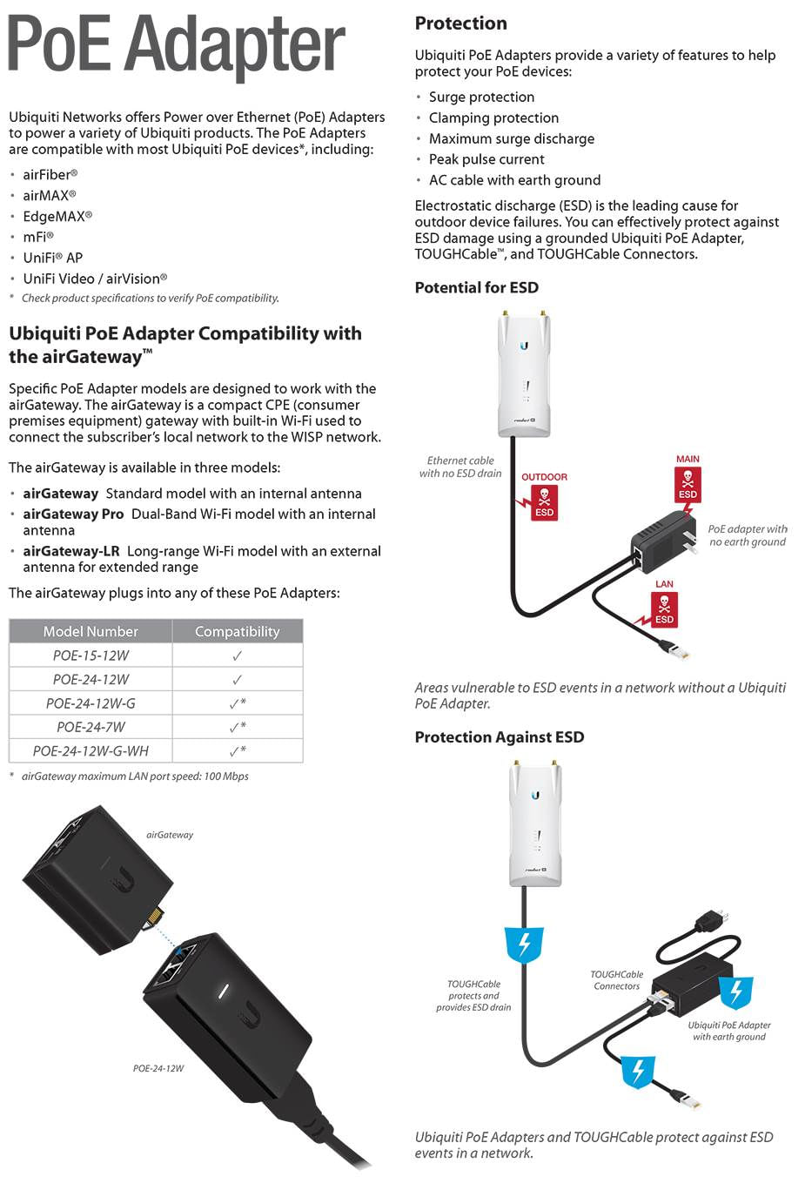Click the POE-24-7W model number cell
point(91,727)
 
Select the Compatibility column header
point(237,631)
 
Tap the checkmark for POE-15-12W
point(237,656)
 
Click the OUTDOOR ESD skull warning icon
point(544,501)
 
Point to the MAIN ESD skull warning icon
point(688,483)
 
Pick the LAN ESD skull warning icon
point(664,608)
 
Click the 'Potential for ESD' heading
point(476,287)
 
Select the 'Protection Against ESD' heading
point(499,737)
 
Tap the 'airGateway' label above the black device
point(170,835)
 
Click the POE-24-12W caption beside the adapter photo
point(158,1068)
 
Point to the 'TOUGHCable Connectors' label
point(616,980)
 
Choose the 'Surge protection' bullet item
point(481,97)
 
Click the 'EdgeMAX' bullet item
point(57,216)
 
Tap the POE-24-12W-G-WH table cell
point(91,750)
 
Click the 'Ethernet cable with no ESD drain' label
point(460,467)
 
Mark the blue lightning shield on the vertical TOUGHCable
point(524,945)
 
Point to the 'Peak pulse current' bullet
point(486,159)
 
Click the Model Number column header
point(91,631)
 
